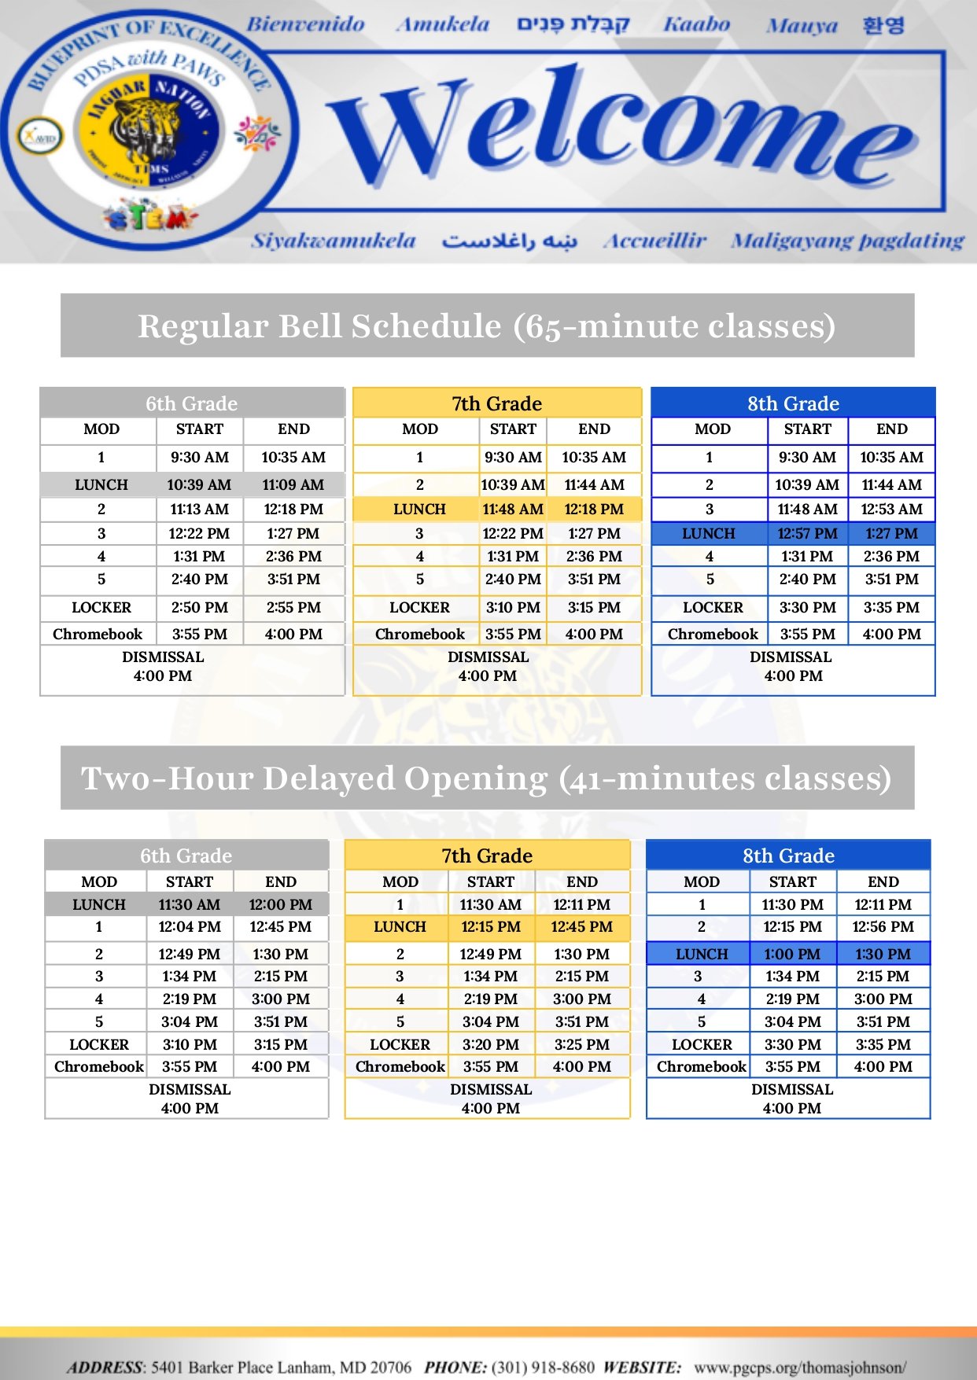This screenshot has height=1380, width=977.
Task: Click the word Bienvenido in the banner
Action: [x=305, y=24]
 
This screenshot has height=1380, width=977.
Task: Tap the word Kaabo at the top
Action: [x=696, y=25]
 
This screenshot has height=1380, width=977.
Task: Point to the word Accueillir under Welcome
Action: [x=654, y=241]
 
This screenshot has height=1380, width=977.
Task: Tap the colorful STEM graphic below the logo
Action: [x=149, y=216]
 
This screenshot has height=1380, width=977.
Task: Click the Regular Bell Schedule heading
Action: [x=487, y=326]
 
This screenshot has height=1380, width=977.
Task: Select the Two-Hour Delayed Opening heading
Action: [x=487, y=778]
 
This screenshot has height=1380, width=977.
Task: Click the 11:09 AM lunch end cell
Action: [x=293, y=485]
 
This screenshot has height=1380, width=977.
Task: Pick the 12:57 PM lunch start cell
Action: [x=807, y=534]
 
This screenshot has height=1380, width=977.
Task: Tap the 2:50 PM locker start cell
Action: [x=199, y=608]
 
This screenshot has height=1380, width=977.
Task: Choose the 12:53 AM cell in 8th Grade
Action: [x=891, y=510]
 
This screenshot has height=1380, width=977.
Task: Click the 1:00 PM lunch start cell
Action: [x=792, y=955]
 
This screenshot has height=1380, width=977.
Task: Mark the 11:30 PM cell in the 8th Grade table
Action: [x=792, y=905]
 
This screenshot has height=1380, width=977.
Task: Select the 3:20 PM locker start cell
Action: [x=490, y=1045]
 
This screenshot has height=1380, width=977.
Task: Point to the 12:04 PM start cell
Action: [x=190, y=927]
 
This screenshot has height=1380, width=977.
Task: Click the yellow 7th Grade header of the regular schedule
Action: [x=496, y=403]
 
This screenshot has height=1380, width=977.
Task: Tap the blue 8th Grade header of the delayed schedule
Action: [x=788, y=856]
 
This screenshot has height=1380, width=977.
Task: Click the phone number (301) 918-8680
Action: [x=543, y=1367]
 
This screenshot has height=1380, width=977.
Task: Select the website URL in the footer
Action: [x=800, y=1367]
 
